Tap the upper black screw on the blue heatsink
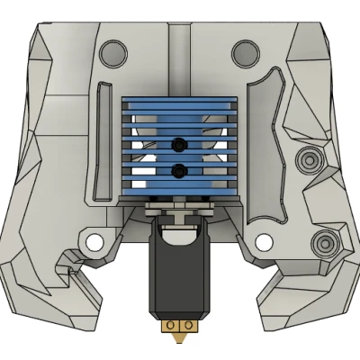(x=181, y=143)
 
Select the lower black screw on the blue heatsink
(x=181, y=169)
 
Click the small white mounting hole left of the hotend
(x=92, y=241)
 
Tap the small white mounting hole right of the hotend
(x=263, y=241)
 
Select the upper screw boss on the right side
(x=310, y=161)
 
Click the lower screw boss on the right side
(x=322, y=241)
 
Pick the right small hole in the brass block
(x=189, y=324)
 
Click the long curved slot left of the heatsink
(x=100, y=135)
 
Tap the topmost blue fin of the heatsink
(x=180, y=102)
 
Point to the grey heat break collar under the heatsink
(x=180, y=213)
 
